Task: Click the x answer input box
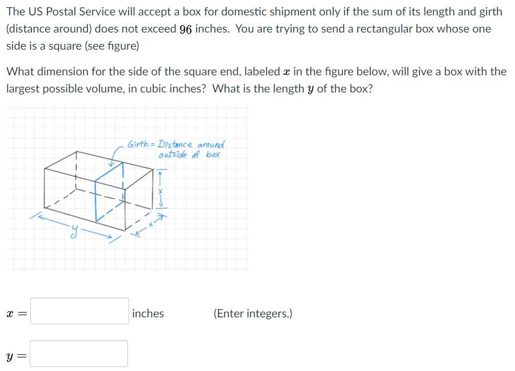(79, 311)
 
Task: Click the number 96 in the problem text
(185, 29)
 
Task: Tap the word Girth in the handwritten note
(139, 144)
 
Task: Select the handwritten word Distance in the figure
(177, 144)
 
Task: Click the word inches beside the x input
(148, 313)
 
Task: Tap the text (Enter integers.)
(253, 313)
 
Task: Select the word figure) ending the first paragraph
(122, 46)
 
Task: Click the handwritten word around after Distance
(211, 144)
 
